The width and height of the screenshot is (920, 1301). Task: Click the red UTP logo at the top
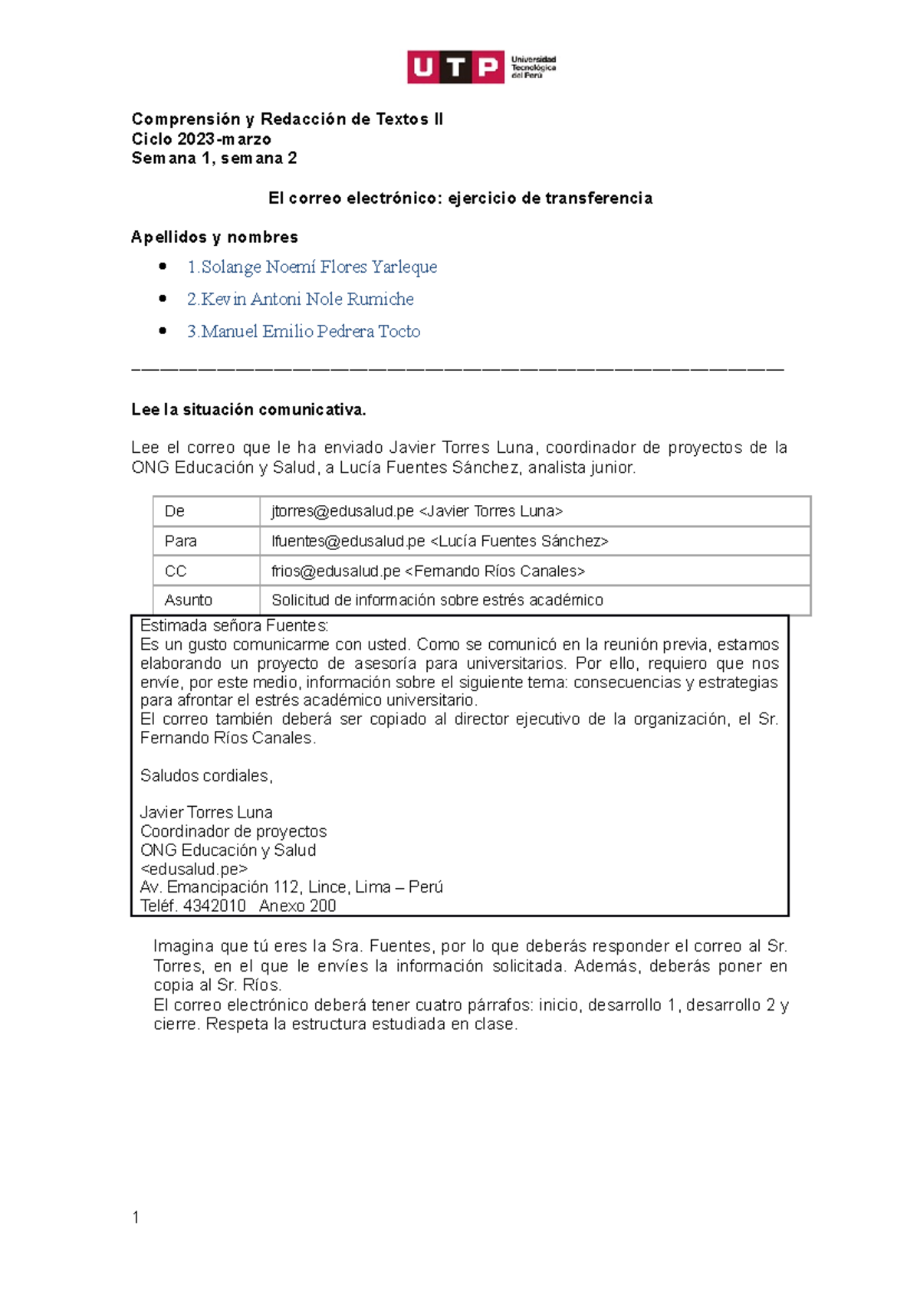point(455,67)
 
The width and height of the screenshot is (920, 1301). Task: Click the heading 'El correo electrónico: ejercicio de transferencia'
point(460,198)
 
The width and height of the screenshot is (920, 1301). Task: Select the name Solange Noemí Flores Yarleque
point(312,267)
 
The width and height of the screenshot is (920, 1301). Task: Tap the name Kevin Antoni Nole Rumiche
point(301,299)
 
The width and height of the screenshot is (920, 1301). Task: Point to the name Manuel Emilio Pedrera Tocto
point(304,331)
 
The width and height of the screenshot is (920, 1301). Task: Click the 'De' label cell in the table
point(175,511)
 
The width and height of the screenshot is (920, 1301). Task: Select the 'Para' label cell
point(181,541)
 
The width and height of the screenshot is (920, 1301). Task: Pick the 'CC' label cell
point(176,571)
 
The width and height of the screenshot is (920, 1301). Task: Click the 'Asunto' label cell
point(189,600)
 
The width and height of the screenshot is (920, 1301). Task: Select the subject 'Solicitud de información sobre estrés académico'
point(437,600)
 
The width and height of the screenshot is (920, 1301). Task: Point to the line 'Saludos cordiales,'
point(206,775)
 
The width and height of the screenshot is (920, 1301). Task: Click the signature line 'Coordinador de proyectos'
point(233,831)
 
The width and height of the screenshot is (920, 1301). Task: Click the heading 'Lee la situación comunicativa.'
point(248,410)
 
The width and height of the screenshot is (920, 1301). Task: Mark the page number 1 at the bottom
point(136,1217)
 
